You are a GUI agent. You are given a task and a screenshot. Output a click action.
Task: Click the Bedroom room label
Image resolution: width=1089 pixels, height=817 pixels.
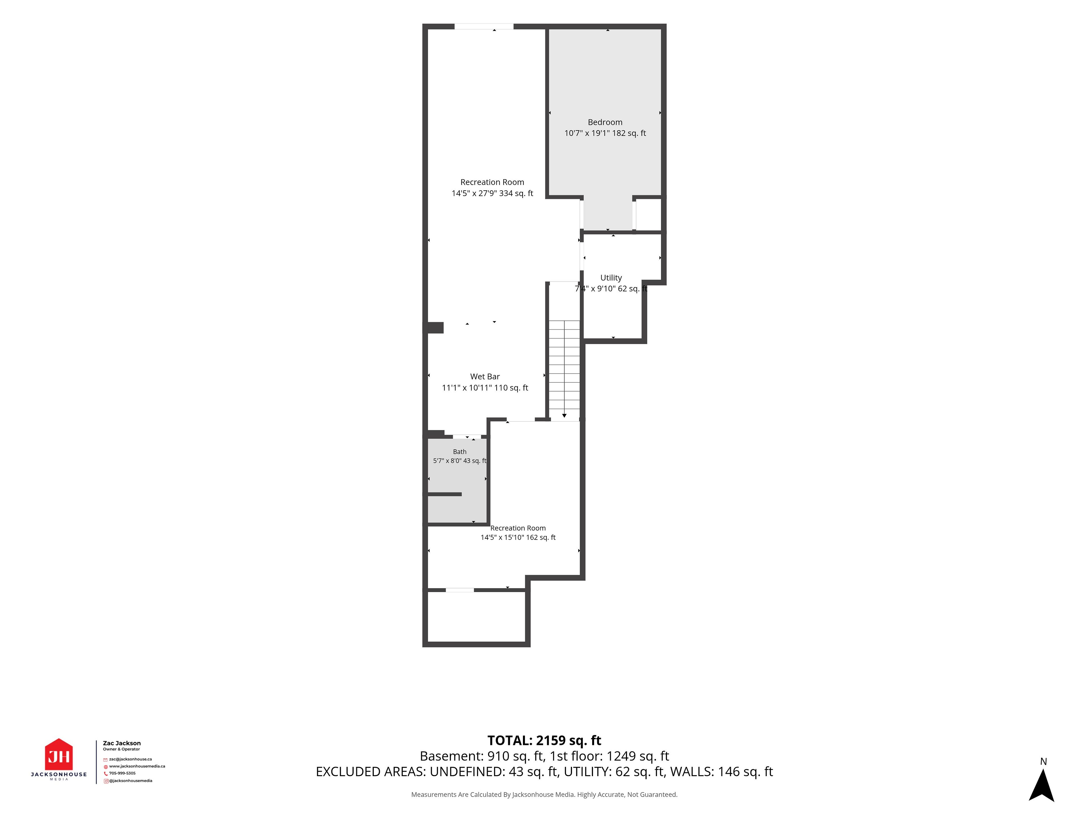point(605,122)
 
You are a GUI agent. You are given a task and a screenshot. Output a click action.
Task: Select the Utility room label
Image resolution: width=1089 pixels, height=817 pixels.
point(611,278)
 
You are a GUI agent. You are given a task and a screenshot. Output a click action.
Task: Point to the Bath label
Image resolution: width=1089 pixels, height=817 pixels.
point(460,452)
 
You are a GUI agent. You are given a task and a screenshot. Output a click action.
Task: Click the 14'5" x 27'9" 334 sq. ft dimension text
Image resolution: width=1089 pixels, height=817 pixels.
point(492,193)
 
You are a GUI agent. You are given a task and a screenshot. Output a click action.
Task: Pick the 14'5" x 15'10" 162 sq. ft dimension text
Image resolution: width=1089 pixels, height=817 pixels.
point(518,537)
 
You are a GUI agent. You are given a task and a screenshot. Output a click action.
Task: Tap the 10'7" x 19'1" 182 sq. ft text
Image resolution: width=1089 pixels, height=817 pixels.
point(605,133)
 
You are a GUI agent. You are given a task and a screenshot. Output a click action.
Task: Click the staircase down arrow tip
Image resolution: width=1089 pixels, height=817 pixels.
point(564,417)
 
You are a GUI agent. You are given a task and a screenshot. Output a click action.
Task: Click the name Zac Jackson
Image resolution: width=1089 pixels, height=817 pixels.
point(122,743)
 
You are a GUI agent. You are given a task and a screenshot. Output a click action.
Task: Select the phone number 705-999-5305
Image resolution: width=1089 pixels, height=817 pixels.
point(122,773)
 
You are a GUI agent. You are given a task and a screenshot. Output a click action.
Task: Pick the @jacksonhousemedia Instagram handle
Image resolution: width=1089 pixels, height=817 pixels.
point(130,781)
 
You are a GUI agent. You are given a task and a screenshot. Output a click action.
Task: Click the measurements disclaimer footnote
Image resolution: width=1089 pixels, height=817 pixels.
point(544,794)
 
